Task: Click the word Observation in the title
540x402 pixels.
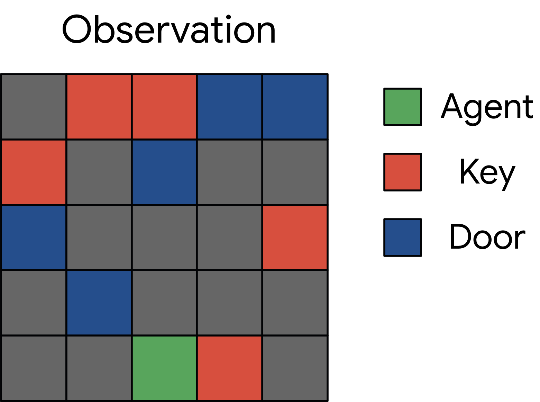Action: [169, 29]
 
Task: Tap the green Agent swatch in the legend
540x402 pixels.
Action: [402, 107]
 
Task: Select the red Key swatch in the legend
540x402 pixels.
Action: [402, 172]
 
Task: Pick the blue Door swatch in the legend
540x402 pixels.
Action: [402, 238]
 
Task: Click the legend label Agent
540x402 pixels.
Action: [487, 109]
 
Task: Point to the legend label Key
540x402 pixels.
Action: [487, 174]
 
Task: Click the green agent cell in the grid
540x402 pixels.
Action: [164, 368]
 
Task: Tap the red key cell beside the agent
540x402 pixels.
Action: [229, 368]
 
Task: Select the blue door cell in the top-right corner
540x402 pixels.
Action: [295, 107]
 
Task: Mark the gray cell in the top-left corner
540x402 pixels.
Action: [33, 107]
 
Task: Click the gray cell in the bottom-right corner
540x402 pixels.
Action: [295, 368]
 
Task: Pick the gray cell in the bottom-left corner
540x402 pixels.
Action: [33, 368]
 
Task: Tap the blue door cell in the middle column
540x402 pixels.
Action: [164, 172]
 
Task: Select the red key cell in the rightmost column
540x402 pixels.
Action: [295, 238]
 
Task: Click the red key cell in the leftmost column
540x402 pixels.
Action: [33, 172]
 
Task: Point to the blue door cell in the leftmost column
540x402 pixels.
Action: [33, 238]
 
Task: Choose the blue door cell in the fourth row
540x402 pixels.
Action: [99, 303]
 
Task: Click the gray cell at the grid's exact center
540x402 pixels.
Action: [164, 238]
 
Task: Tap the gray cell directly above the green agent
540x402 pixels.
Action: [164, 303]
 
